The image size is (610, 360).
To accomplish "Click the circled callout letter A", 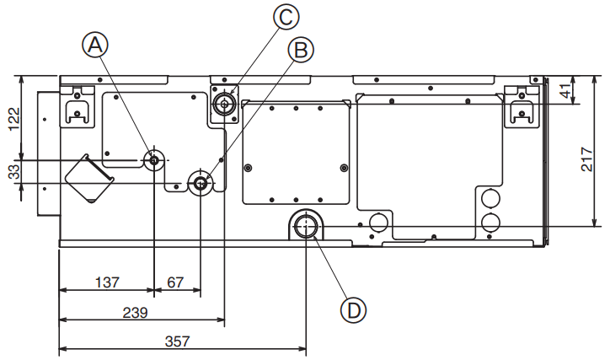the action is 95,46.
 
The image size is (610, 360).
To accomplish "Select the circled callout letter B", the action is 301,50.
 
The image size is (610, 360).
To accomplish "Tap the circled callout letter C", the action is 286,17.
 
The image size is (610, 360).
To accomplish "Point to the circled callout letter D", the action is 353,310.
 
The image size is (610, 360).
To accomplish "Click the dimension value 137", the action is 107,282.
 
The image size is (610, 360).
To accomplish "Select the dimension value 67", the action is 175,282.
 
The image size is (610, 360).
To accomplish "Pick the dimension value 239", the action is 135,313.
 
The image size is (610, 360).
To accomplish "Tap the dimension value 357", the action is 178,341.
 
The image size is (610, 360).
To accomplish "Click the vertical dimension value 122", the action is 14,119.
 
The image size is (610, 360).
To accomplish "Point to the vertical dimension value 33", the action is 14,172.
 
